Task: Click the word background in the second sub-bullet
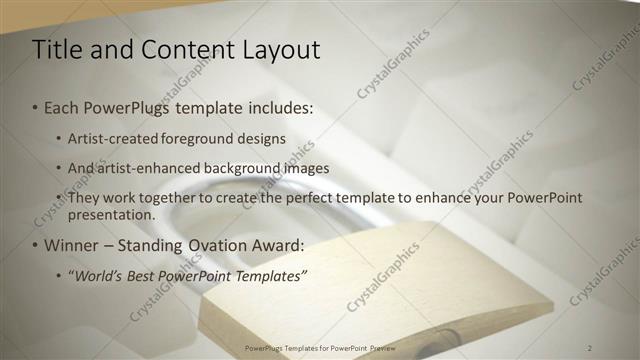pos(247,168)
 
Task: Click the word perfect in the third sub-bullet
pos(312,198)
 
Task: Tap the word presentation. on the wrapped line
pos(112,215)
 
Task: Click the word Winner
pos(73,245)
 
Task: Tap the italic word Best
pos(148,275)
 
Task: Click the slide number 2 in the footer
pos(590,347)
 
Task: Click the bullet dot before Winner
pos(36,246)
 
